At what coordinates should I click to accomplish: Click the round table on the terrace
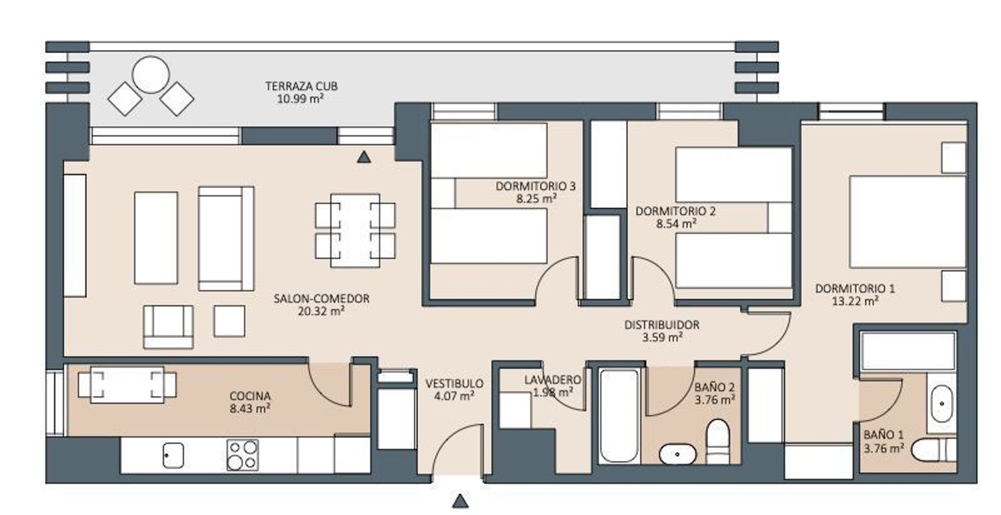[151, 75]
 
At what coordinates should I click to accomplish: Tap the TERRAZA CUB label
[302, 86]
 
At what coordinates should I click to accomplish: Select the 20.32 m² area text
[321, 312]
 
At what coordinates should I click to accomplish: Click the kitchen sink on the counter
[173, 455]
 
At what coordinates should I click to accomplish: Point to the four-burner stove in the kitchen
[243, 455]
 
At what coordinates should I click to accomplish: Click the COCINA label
[250, 396]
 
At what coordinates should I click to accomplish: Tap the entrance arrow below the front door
[460, 501]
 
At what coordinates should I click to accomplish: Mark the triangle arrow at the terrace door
[364, 157]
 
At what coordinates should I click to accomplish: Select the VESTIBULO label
[454, 383]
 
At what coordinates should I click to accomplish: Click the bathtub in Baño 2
[619, 416]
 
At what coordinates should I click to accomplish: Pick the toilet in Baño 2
[717, 442]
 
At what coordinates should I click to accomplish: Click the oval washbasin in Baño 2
[677, 454]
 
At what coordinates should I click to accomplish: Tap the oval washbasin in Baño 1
[942, 404]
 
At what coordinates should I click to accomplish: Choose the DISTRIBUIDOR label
[662, 325]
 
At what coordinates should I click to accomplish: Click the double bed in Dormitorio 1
[908, 222]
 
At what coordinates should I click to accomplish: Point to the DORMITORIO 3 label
[535, 186]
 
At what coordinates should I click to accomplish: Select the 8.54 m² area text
[676, 223]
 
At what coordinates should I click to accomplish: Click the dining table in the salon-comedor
[355, 230]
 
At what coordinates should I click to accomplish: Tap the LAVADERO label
[553, 380]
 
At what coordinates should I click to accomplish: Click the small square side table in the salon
[230, 321]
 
